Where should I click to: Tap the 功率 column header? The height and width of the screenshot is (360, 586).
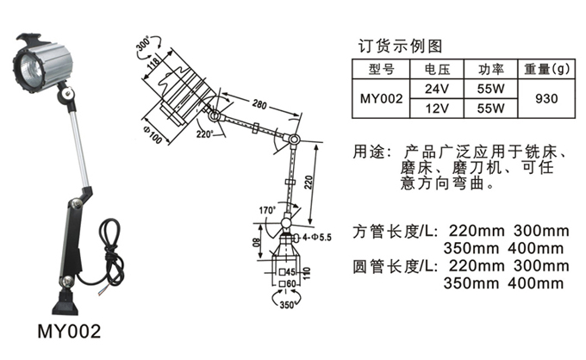pyautogui.click(x=489, y=68)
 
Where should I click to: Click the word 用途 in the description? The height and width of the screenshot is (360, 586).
pyautogui.click(x=368, y=152)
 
